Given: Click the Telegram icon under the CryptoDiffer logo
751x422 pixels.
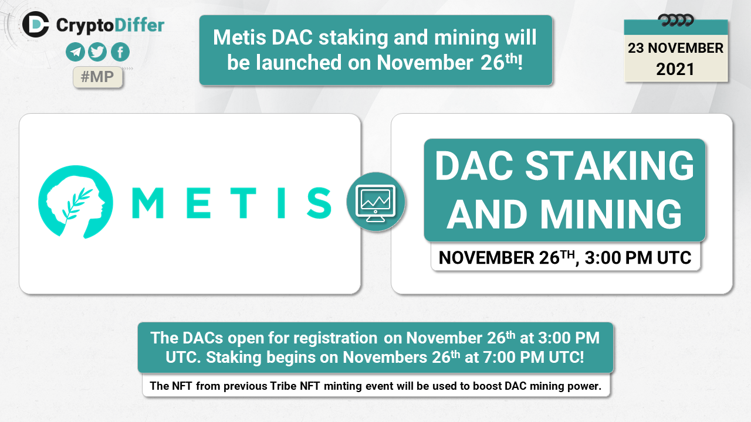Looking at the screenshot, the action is [75, 52].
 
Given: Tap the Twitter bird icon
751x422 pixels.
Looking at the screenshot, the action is [97, 52].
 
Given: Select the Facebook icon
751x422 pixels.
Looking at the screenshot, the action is [120, 52].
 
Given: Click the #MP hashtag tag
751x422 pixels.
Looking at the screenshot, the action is [97, 77].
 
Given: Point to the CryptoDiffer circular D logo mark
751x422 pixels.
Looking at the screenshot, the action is [36, 25].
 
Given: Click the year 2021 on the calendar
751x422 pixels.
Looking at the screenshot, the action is [675, 69].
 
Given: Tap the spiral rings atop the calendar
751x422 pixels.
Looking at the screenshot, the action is [675, 21].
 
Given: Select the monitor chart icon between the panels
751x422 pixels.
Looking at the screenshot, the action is [376, 202].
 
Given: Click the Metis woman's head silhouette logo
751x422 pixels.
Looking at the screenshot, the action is [76, 202].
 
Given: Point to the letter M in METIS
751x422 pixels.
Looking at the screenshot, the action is [147, 203].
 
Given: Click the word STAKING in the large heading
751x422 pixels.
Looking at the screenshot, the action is [609, 165].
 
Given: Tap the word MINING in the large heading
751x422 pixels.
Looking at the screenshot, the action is [611, 214].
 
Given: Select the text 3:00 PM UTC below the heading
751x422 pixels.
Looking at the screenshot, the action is [638, 258].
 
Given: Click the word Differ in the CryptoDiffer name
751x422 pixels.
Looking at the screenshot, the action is [139, 25].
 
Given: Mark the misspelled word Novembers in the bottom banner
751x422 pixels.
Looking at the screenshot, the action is [384, 358].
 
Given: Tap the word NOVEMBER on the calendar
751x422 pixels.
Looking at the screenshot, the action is [685, 48].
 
